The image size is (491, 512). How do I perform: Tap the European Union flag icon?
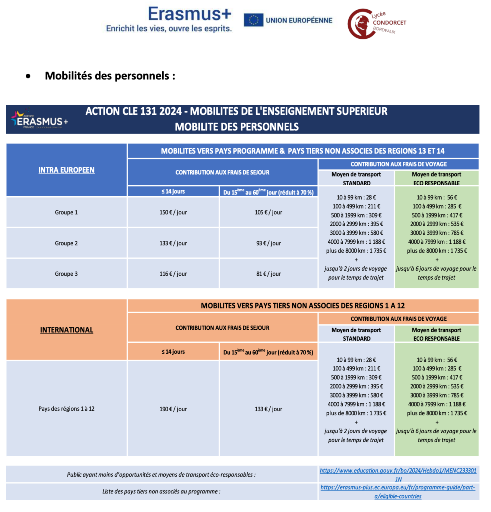coord(254,20)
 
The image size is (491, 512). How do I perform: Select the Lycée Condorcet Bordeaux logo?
coord(377,23)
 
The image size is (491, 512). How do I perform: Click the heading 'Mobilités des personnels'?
coord(110,76)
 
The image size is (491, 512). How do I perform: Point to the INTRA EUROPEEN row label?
coord(66,170)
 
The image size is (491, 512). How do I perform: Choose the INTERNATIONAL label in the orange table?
coord(66,330)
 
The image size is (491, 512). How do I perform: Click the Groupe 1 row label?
coord(66,212)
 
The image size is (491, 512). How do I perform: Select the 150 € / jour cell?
coord(173,212)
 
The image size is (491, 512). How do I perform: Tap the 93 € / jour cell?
coord(269,243)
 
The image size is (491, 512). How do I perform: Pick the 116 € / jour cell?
coord(173,274)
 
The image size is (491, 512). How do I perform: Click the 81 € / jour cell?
coord(269,274)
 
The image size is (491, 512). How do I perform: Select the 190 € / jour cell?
coord(173,409)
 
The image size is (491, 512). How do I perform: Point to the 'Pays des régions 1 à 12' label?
coord(66,408)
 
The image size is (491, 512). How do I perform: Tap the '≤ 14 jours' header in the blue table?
coord(173,191)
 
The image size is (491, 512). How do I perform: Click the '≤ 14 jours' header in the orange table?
coord(173,352)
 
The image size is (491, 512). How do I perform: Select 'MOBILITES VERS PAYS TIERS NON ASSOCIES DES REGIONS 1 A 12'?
coord(303,305)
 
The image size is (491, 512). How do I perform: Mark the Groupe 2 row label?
coord(66,243)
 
